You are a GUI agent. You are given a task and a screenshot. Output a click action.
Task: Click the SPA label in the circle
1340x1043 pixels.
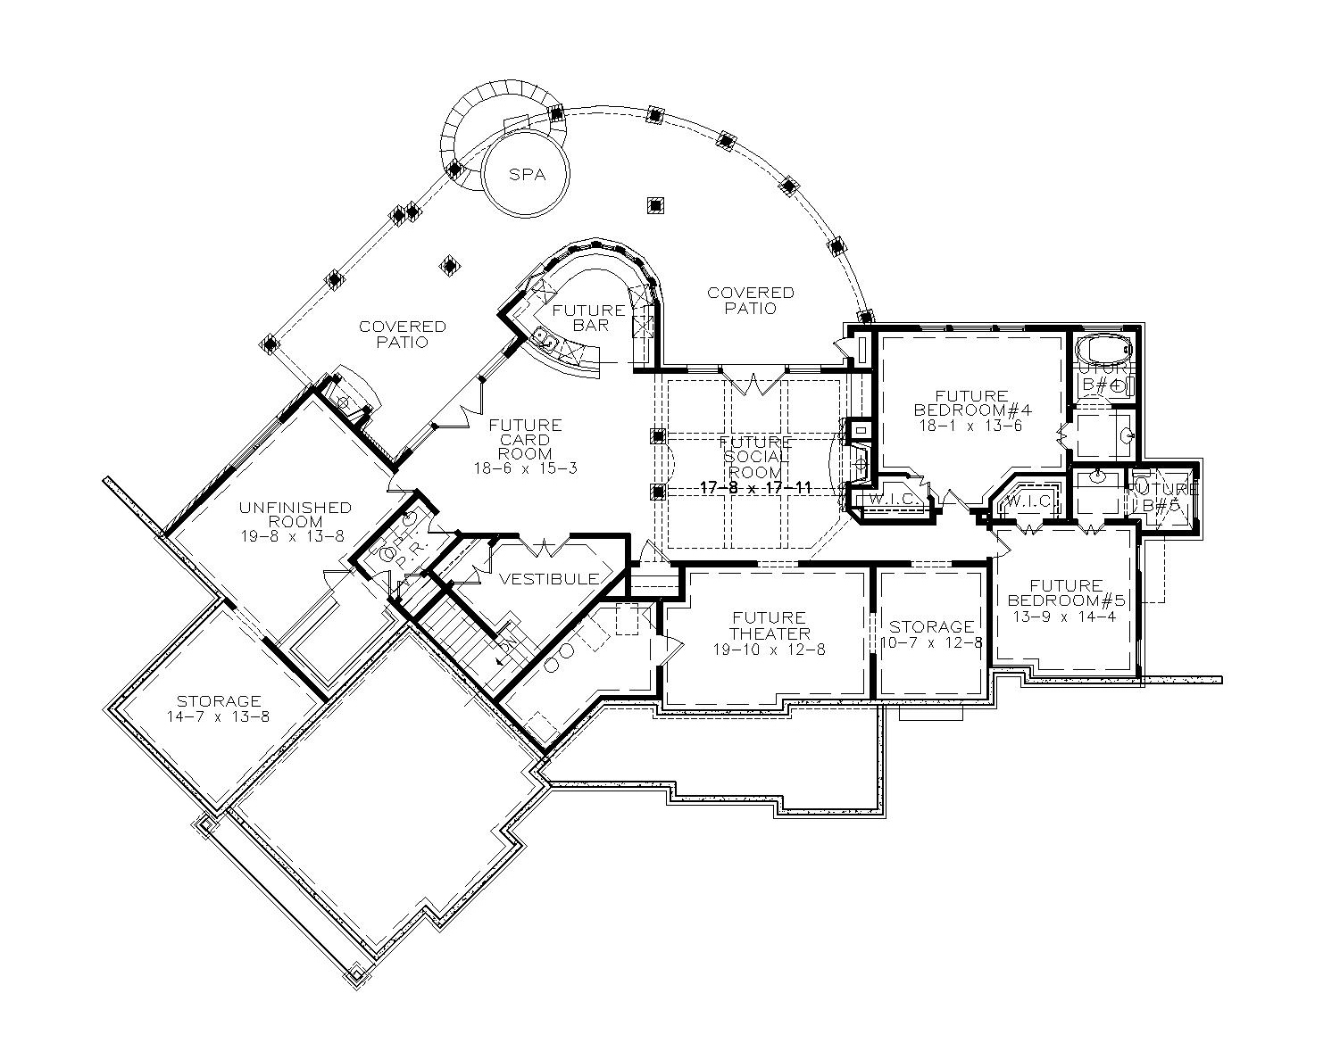(527, 175)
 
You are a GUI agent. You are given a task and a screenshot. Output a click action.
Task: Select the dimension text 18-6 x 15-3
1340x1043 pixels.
(525, 468)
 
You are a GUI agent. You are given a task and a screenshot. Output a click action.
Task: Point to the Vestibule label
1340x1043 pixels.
(548, 579)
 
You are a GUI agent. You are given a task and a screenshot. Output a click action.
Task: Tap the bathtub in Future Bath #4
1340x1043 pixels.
(1103, 348)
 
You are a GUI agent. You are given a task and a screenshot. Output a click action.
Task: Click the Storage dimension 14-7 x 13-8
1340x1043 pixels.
(218, 716)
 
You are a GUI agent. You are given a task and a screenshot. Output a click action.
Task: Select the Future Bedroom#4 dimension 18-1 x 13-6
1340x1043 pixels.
(972, 426)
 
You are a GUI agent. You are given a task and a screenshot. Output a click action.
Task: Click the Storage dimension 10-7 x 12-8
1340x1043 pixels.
(931, 642)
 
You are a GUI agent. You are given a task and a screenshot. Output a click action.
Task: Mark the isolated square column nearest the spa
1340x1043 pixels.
(655, 204)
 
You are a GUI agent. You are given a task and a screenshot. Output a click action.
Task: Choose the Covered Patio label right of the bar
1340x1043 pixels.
(750, 300)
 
